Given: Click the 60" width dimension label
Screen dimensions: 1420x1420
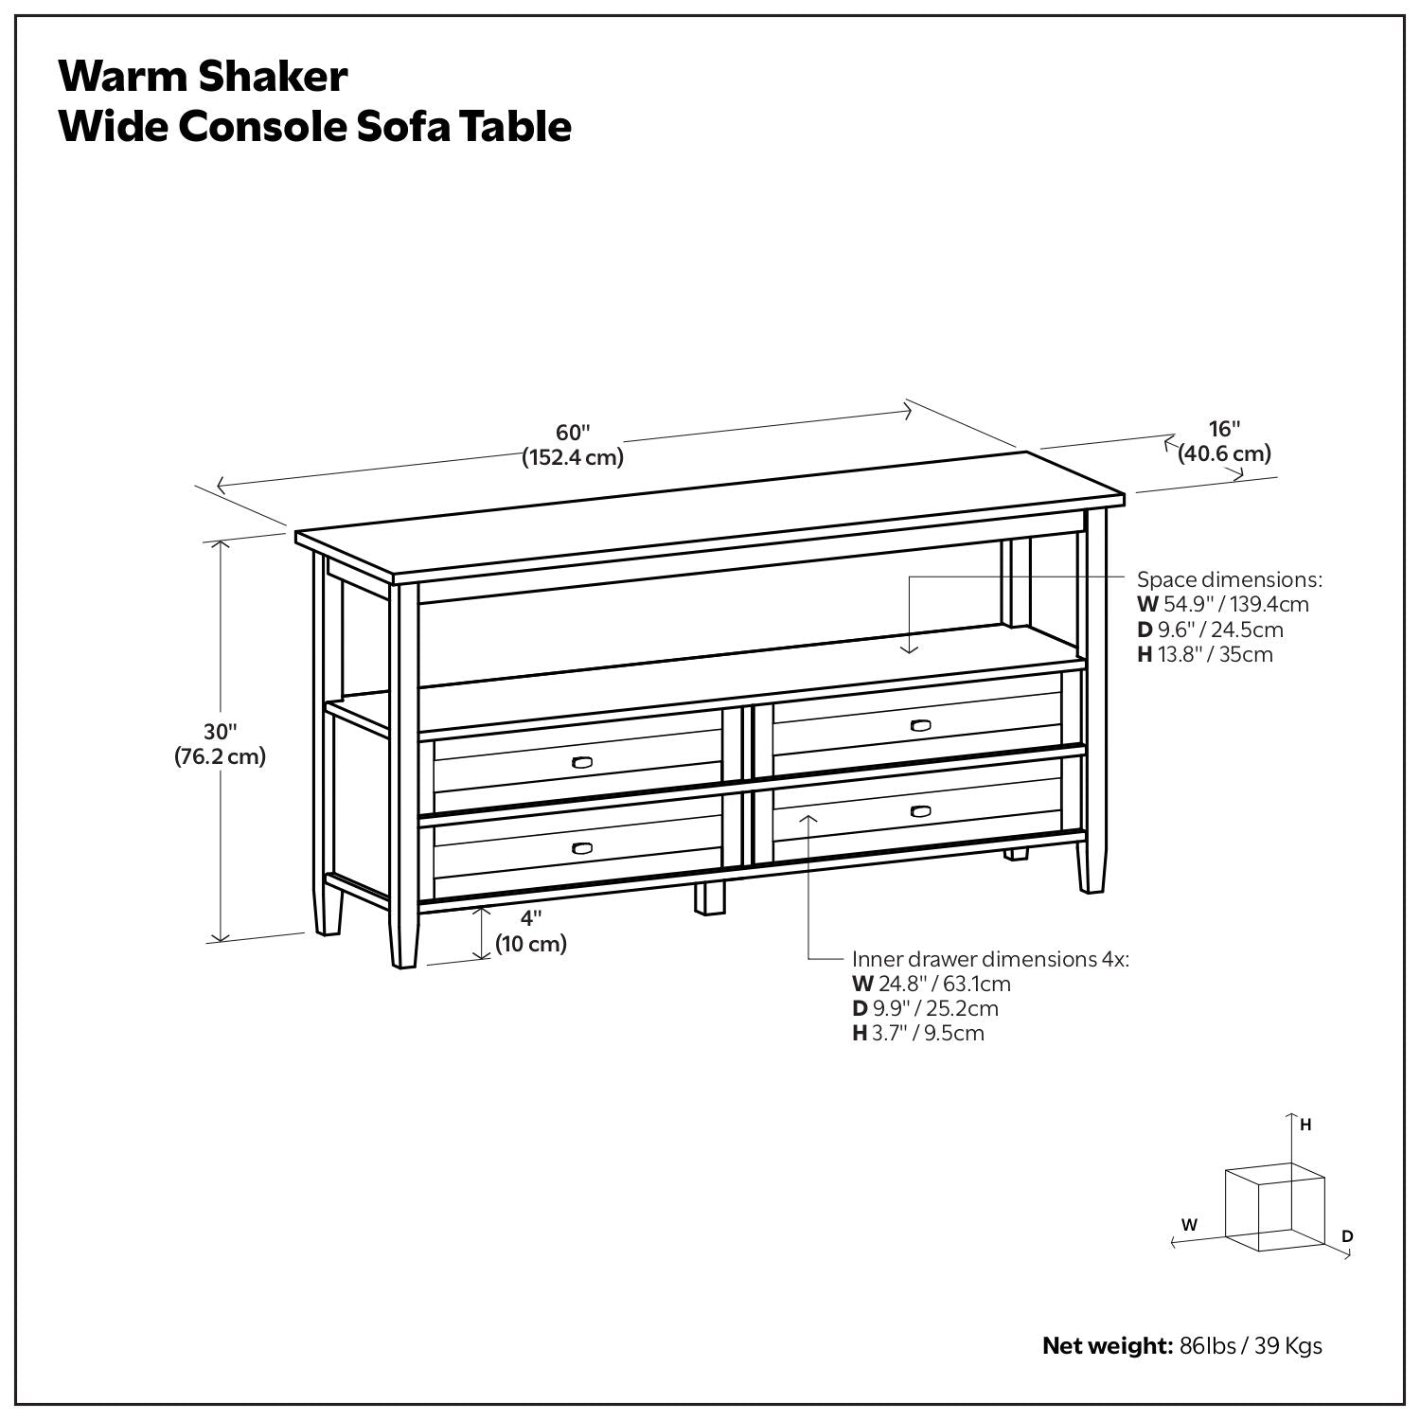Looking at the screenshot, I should click(x=572, y=445).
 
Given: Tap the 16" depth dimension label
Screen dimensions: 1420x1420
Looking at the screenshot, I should click(x=1224, y=441).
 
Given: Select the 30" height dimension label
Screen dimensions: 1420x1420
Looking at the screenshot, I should click(x=220, y=743).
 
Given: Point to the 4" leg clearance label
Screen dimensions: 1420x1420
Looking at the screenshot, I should click(x=531, y=931).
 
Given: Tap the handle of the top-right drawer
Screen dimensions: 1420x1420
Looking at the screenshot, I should click(x=920, y=725).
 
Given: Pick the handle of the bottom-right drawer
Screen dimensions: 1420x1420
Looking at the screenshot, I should click(x=920, y=810).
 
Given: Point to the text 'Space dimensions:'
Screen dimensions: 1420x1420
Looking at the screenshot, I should click(x=1229, y=579).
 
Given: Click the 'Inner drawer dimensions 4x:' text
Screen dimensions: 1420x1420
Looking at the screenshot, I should click(x=990, y=959).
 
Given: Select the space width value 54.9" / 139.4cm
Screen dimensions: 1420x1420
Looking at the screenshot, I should click(x=1235, y=604).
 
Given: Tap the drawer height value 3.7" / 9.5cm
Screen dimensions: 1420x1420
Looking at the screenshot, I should click(x=927, y=1033).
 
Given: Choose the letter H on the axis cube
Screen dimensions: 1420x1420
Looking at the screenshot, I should click(x=1305, y=1125).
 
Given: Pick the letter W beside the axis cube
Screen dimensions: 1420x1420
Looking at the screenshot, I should click(x=1189, y=1224).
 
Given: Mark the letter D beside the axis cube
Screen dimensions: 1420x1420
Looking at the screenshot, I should click(x=1347, y=1236).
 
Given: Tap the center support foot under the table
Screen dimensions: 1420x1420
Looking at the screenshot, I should click(x=709, y=898).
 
